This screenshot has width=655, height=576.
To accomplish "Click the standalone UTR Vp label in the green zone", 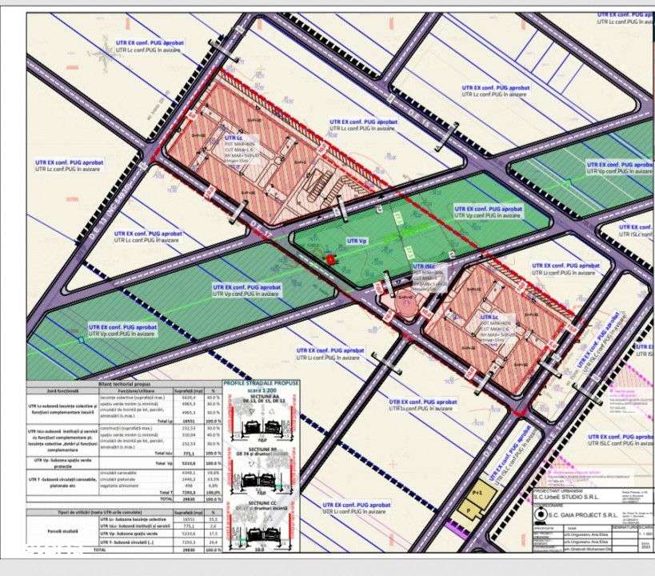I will (x=357, y=240).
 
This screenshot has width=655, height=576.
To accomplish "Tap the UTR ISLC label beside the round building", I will (x=423, y=266).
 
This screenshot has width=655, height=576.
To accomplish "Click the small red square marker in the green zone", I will (x=331, y=258).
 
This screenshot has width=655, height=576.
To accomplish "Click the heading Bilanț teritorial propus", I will (x=124, y=385).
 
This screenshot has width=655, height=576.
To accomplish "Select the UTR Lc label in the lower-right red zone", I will (x=489, y=317).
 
